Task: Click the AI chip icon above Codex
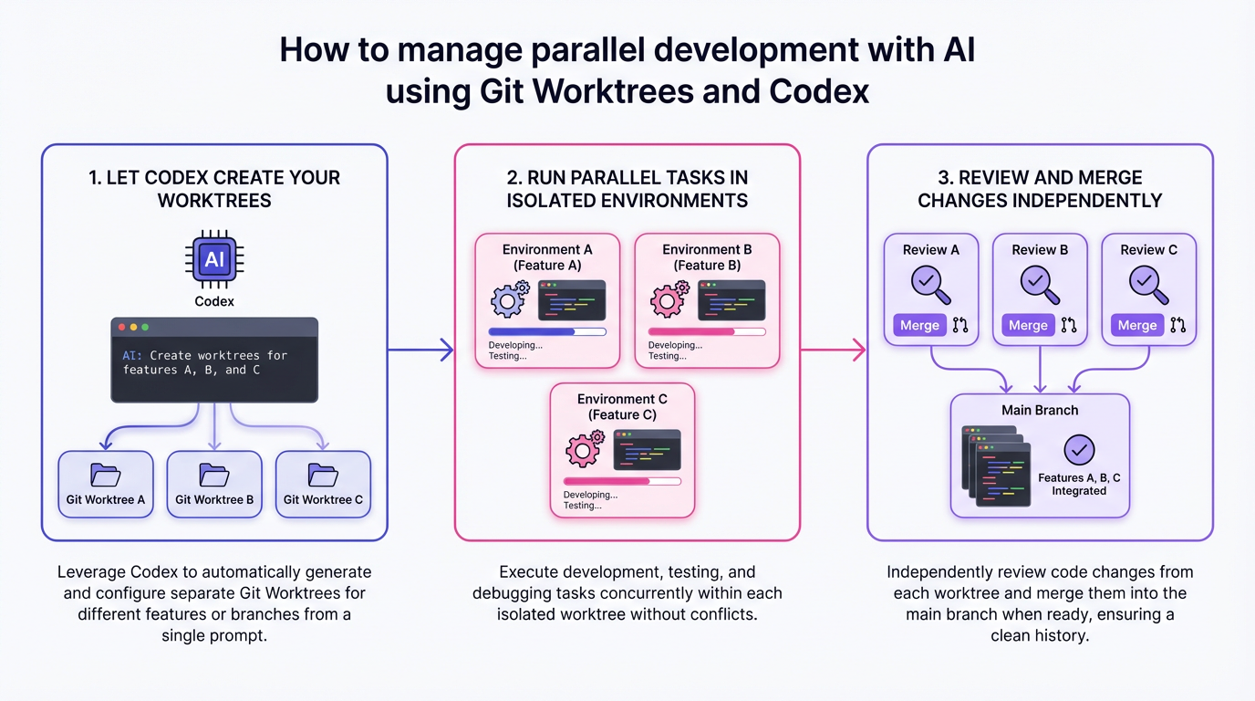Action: coord(214,260)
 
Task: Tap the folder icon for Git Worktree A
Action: coord(105,475)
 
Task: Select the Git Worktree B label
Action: coord(214,499)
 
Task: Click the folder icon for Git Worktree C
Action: coord(323,475)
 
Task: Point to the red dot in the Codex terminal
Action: coord(120,327)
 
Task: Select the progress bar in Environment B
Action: coord(707,331)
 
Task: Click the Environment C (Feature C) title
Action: coord(622,407)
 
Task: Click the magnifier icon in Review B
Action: coord(1040,284)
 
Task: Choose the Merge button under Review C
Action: coord(1136,325)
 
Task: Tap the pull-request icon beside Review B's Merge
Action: coord(1069,325)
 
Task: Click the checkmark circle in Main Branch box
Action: coord(1079,450)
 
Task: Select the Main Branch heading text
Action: coord(1040,410)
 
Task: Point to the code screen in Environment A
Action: coord(572,300)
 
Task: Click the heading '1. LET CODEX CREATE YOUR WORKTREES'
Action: coord(214,189)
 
